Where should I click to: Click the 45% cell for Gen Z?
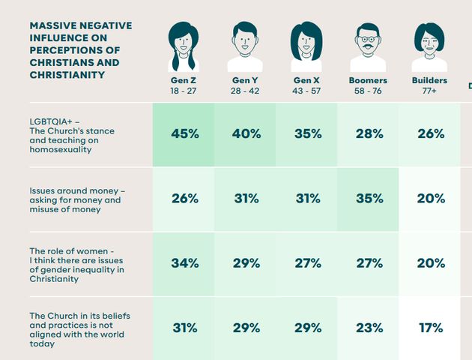point(184,134)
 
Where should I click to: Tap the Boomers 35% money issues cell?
point(368,199)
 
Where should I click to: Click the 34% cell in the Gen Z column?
point(184,263)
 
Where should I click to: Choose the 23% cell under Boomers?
point(368,328)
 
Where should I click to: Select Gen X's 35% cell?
point(306,134)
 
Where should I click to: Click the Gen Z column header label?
point(184,80)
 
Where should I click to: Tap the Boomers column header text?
point(368,80)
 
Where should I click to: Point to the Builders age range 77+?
point(429,91)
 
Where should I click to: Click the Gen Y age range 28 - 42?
point(245,91)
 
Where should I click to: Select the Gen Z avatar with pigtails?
point(184,46)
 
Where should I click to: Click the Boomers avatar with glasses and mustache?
point(368,46)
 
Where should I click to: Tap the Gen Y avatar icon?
point(245,46)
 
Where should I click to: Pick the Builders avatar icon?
point(429,46)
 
